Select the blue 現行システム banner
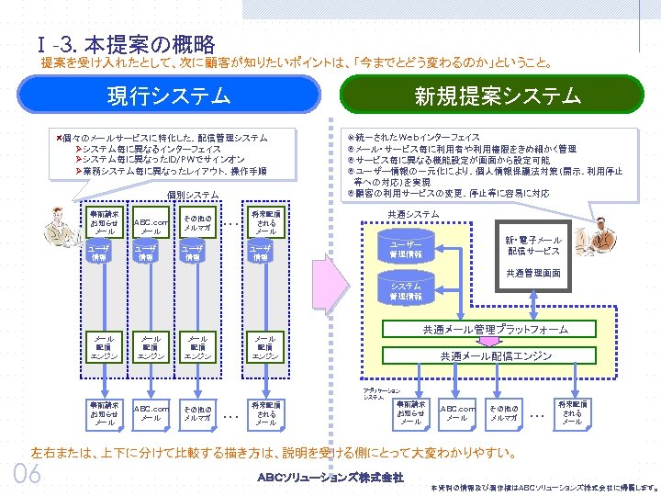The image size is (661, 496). point(169,96)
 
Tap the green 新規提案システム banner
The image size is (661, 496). point(497,96)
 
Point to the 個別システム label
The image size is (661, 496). point(193,196)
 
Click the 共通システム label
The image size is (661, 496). point(413,214)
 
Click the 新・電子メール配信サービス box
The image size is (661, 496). point(533,245)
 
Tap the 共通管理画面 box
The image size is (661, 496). point(533,273)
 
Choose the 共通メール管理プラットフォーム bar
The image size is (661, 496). point(495,329)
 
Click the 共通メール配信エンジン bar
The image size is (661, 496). point(495,355)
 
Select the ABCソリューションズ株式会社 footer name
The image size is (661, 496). point(330,477)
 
